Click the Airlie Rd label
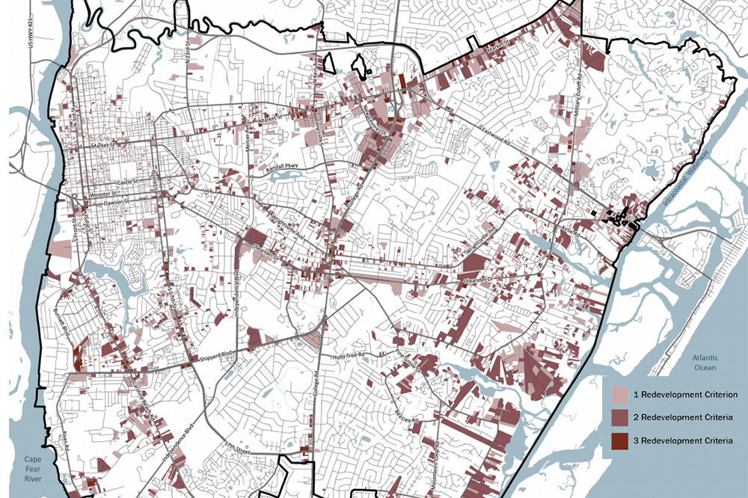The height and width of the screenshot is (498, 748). pyautogui.click(x=568, y=229)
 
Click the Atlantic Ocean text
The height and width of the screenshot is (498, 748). pyautogui.click(x=704, y=363)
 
